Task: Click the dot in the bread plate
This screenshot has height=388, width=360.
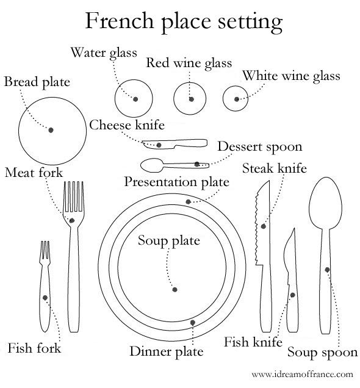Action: tap(51, 130)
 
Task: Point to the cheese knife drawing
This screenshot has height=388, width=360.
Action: tap(175, 144)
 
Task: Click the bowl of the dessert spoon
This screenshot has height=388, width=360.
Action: tap(152, 165)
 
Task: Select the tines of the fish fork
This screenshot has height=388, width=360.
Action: tap(45, 250)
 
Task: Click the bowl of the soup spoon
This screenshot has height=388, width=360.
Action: tap(325, 203)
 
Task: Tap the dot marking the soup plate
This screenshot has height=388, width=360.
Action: tap(175, 290)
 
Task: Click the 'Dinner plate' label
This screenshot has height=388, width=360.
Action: tap(166, 351)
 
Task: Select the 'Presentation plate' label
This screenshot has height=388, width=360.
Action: tap(176, 182)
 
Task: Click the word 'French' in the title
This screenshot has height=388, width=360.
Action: tap(120, 21)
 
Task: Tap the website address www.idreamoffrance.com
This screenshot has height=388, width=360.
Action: tap(303, 374)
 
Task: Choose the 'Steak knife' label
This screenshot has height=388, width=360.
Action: tap(275, 168)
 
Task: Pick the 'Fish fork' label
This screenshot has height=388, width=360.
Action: tap(34, 348)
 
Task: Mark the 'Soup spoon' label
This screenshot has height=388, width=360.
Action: tap(322, 353)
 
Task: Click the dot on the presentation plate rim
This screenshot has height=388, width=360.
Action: tap(189, 202)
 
